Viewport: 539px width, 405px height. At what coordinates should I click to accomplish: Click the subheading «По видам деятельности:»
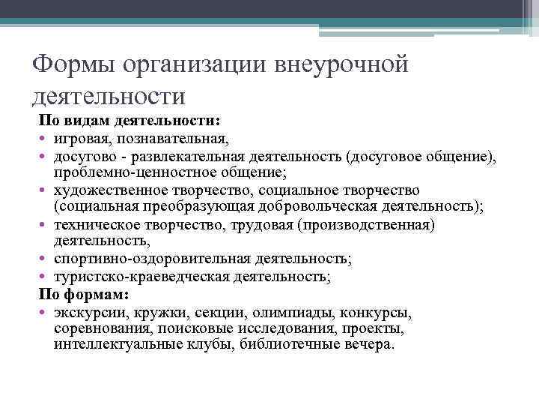click(129, 121)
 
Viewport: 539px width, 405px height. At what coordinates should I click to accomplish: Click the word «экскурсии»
click(88, 312)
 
